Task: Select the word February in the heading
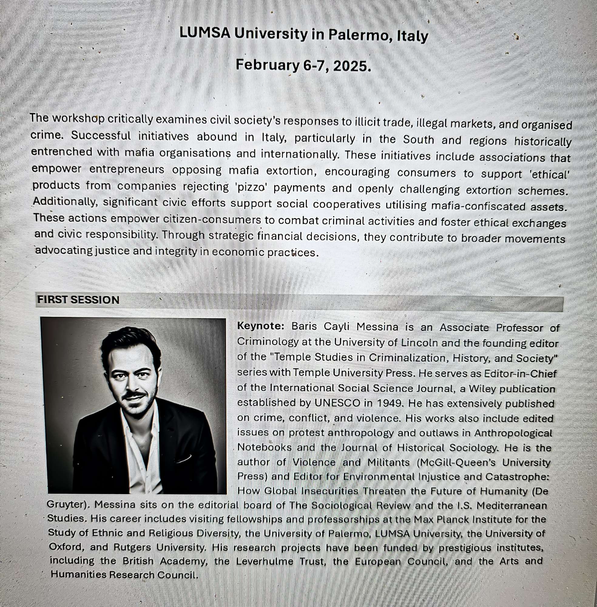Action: pos(267,65)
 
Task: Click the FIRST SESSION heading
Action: pos(78,300)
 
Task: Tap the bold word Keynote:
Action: pos(261,326)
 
